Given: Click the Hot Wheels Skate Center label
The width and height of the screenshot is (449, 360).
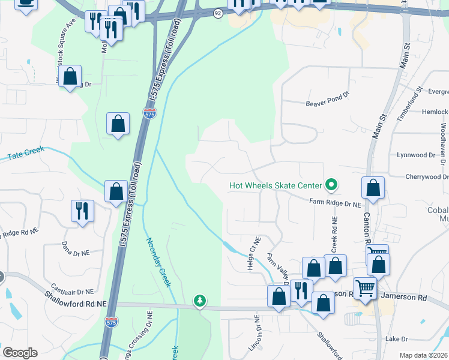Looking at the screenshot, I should tap(275, 185).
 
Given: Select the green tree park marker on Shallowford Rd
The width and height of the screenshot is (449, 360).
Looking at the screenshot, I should tap(199, 300).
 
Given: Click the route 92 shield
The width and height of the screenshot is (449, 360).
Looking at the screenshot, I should tap(218, 13).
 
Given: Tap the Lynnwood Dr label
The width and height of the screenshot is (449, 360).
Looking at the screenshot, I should tap(415, 155).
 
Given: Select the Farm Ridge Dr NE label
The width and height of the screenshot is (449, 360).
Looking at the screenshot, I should tap(335, 204).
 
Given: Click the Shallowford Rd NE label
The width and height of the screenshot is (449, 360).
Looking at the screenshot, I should tap(75, 299).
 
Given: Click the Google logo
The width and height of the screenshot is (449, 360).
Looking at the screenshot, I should tap(20, 353).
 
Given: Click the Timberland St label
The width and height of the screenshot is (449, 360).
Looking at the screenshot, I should tap(410, 104).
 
